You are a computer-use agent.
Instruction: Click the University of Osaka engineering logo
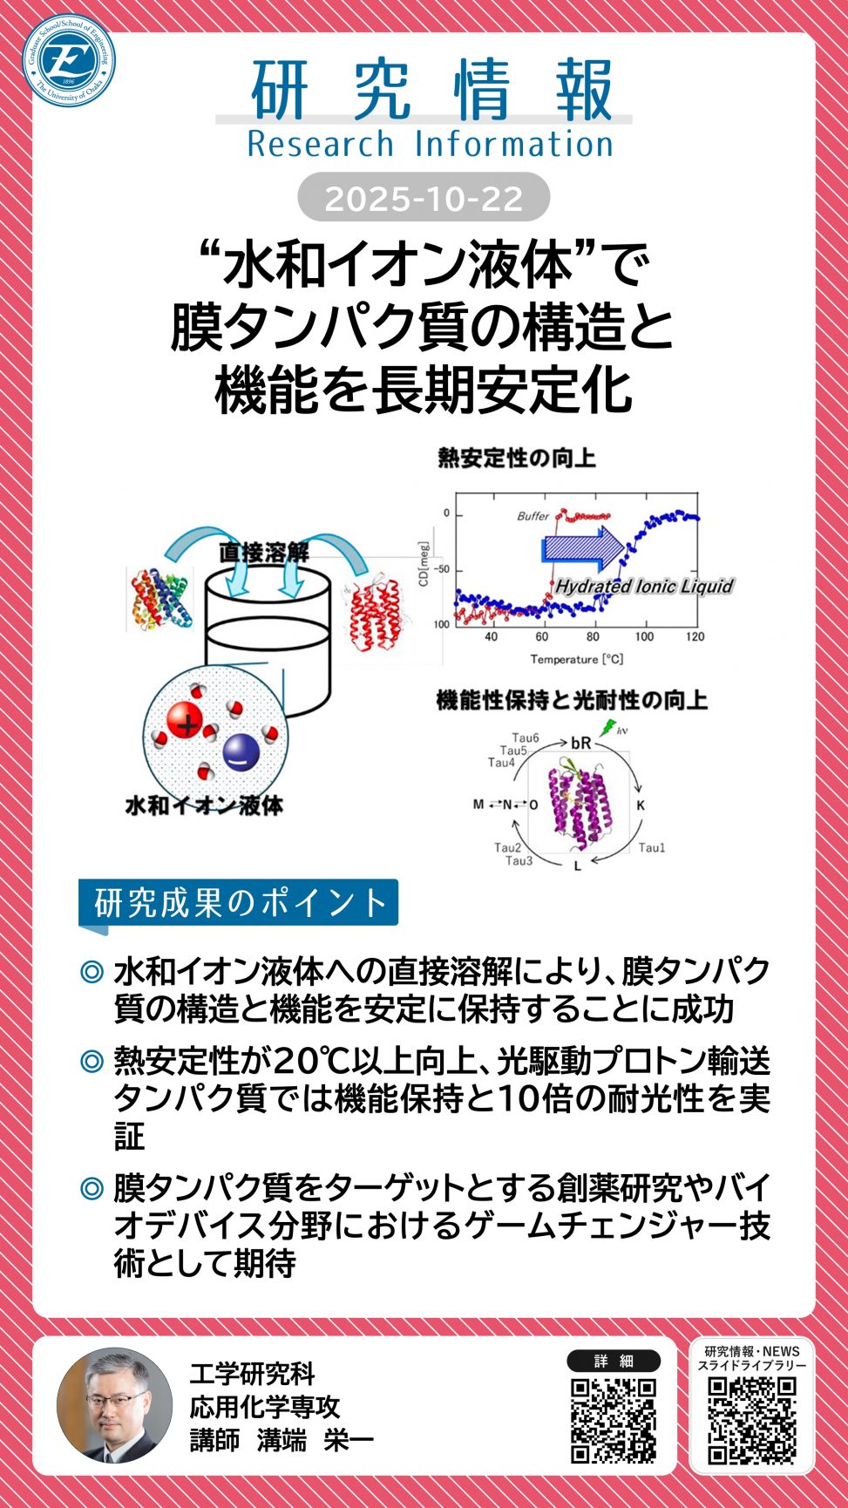coord(69,60)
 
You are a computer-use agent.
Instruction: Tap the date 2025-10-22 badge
coord(424,198)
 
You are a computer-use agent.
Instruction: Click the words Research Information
coord(430,144)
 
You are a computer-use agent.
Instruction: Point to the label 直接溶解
coord(263,552)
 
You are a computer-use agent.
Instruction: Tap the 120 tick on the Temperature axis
coord(695,637)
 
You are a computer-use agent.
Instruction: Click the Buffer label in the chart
coord(533,516)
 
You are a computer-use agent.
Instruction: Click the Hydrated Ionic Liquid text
coord(644,586)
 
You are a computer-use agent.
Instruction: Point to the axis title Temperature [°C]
coord(576,659)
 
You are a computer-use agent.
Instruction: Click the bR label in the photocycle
coord(580,744)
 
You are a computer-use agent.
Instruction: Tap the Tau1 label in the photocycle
coord(652,847)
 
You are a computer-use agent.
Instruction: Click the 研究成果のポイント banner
coord(239,903)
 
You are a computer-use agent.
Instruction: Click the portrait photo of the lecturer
coord(114,1406)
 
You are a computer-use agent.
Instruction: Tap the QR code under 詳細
coord(613,1420)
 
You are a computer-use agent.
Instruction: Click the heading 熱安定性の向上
coord(516,458)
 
